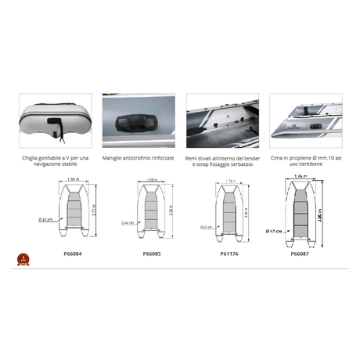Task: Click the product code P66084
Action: coord(73,254)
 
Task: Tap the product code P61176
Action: coord(225,254)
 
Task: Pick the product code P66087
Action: coord(301,254)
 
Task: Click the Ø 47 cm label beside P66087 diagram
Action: coord(274,230)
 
